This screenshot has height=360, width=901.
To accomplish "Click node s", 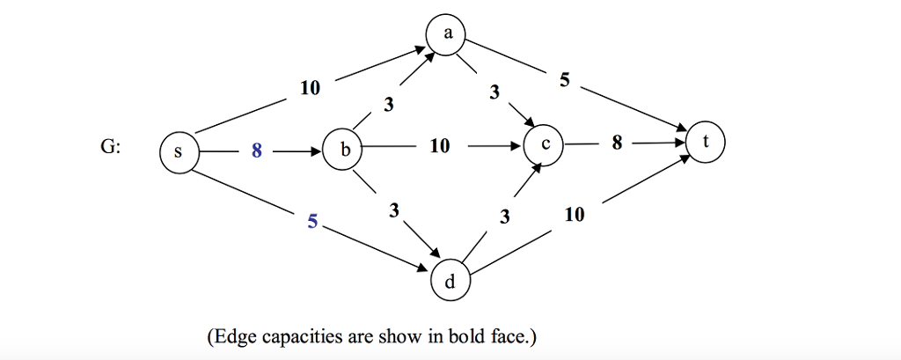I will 179,152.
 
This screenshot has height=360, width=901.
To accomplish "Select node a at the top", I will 448,35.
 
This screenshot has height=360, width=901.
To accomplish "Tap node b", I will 344,151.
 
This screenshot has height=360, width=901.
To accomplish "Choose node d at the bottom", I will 450,281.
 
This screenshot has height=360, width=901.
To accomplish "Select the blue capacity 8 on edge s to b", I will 256,151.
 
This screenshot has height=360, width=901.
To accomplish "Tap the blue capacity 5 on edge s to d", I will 312,222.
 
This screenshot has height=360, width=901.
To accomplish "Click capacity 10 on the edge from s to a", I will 311,88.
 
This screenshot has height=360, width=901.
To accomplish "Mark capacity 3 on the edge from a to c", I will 494,92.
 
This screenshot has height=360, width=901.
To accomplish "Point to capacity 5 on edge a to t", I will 564,81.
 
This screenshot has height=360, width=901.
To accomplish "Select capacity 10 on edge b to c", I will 440,147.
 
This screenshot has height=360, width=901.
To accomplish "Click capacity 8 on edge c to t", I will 617,143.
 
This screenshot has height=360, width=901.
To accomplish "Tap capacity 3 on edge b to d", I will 393,211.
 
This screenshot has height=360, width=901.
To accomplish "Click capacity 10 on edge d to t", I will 574,215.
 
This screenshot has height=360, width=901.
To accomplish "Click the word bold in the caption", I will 468,337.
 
